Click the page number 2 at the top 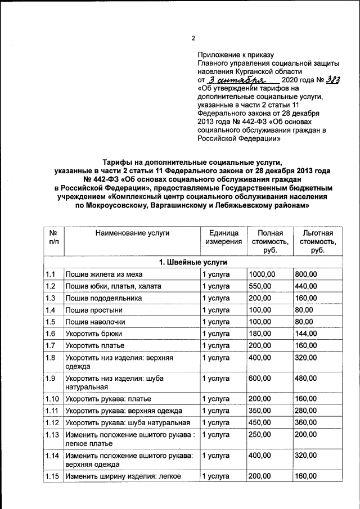point(193,38)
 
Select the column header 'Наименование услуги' point(132,233)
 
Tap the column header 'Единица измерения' point(223,237)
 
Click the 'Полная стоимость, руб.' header point(269,241)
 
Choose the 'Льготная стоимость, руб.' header point(317,241)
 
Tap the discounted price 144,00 point(305,333)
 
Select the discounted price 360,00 point(305,422)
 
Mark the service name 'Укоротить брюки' point(94,333)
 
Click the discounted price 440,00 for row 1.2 point(305,286)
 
